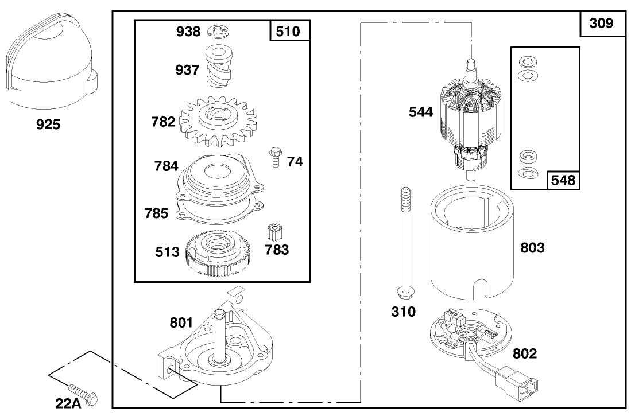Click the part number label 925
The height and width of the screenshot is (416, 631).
(x=48, y=124)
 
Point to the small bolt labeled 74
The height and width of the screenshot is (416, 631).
(x=274, y=157)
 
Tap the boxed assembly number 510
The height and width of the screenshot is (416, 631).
(x=288, y=31)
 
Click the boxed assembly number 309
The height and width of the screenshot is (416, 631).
(x=601, y=24)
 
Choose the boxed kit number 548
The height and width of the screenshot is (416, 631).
(x=562, y=180)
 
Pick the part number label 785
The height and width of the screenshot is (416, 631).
(x=157, y=213)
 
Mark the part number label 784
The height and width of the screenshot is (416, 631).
(x=166, y=166)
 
